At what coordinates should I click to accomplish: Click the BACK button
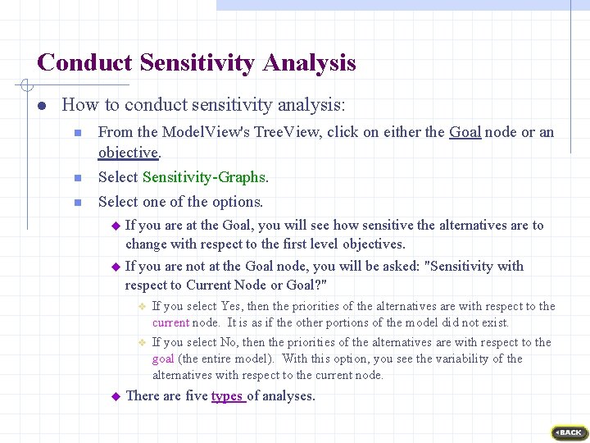click(x=570, y=432)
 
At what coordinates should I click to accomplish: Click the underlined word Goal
click(x=465, y=132)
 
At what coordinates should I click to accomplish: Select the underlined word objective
click(x=128, y=153)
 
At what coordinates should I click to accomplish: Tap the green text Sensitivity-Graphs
click(x=204, y=177)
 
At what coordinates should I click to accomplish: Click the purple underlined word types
click(x=227, y=396)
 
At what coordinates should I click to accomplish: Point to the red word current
click(x=170, y=322)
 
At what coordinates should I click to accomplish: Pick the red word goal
click(x=163, y=359)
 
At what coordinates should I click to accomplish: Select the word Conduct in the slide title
click(x=85, y=63)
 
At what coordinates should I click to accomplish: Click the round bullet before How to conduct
click(x=41, y=106)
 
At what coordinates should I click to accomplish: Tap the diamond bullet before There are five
click(x=116, y=396)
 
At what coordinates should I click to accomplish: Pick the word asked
click(x=399, y=266)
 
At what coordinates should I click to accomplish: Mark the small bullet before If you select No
click(x=141, y=343)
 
